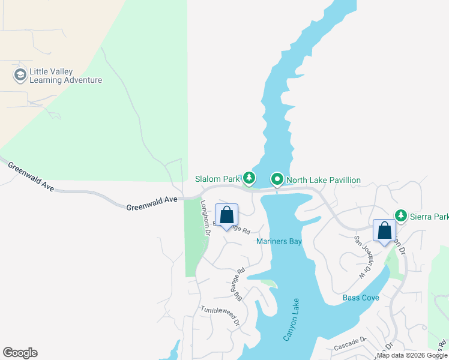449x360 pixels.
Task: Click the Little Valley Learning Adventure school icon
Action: click(x=20, y=75)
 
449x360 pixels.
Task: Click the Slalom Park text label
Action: click(x=217, y=179)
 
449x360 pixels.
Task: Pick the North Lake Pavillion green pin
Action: click(x=277, y=179)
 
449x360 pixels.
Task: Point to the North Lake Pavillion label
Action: click(x=324, y=180)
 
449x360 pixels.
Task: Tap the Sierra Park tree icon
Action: click(x=400, y=215)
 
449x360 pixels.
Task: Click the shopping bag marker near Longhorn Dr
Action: click(x=227, y=215)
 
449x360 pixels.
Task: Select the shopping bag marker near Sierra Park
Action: click(x=384, y=231)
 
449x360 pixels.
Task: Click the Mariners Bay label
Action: click(x=279, y=242)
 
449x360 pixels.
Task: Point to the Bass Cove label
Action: click(x=361, y=298)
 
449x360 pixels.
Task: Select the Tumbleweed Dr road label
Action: click(x=220, y=314)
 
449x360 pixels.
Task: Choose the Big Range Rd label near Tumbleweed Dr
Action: click(x=239, y=284)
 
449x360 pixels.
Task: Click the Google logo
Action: click(x=20, y=353)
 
